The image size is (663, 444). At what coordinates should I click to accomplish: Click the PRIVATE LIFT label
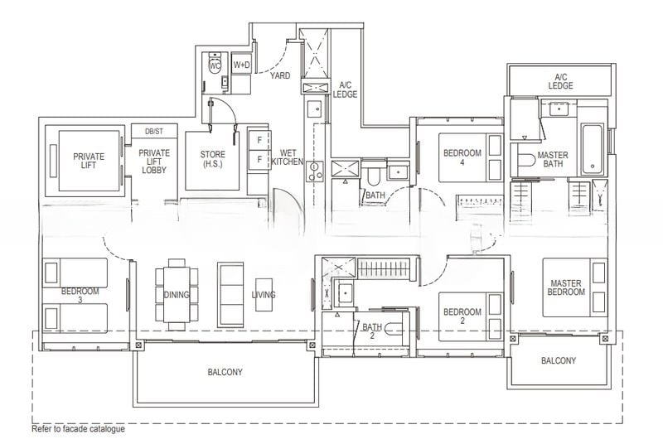pyautogui.click(x=89, y=161)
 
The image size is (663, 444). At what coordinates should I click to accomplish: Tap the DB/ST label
pyautogui.click(x=154, y=132)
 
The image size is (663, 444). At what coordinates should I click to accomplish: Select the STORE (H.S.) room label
pyautogui.click(x=213, y=159)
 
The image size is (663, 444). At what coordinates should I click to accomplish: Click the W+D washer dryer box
pyautogui.click(x=241, y=65)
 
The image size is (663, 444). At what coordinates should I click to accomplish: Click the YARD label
pyautogui.click(x=280, y=75)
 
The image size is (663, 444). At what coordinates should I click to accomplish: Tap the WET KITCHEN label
pyautogui.click(x=287, y=157)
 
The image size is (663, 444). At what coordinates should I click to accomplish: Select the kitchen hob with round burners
pyautogui.click(x=315, y=171)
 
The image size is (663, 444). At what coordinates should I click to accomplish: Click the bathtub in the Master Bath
pyautogui.click(x=593, y=149)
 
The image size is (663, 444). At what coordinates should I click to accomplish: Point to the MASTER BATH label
pyautogui.click(x=553, y=159)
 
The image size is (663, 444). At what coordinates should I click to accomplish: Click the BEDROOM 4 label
pyautogui.click(x=462, y=157)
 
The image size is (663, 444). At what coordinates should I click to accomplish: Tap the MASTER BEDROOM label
pyautogui.click(x=566, y=287)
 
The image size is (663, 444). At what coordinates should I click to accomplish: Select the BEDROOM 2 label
pyautogui.click(x=462, y=316)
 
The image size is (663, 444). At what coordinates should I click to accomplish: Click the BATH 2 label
pyautogui.click(x=372, y=331)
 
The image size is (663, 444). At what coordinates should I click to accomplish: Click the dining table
pyautogui.click(x=177, y=294)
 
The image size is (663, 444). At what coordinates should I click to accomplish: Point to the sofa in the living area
pyautogui.click(x=230, y=294)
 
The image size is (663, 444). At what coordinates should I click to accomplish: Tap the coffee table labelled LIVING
pyautogui.click(x=264, y=294)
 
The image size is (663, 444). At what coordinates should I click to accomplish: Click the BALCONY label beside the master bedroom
pyautogui.click(x=559, y=360)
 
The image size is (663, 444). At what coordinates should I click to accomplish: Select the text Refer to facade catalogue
pyautogui.click(x=78, y=429)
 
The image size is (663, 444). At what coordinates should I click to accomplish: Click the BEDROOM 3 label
pyautogui.click(x=80, y=295)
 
